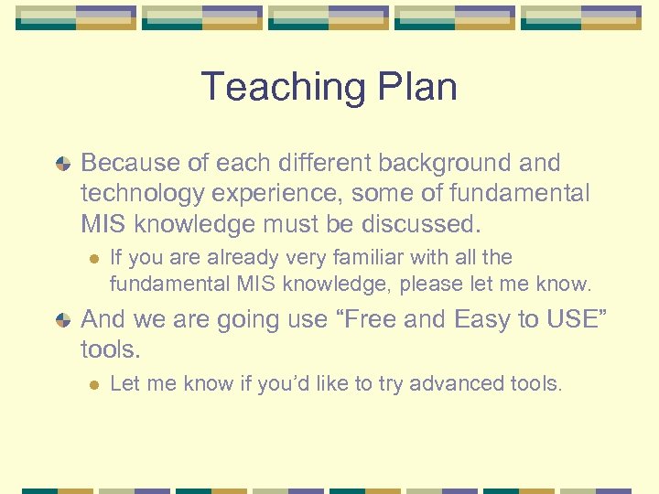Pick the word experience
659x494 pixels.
(x=285, y=194)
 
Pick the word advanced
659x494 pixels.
(x=456, y=383)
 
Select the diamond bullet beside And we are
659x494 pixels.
(x=61, y=320)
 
